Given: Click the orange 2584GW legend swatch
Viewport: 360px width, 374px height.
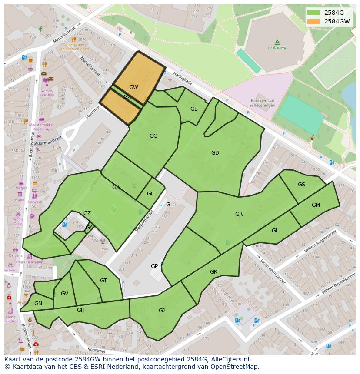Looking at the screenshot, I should [x=313, y=21].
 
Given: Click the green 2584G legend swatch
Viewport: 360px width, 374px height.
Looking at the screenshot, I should [x=313, y=12].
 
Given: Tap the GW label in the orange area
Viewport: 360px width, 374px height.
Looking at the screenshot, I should [x=133, y=87].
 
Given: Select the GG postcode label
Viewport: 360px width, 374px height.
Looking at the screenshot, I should [x=153, y=136].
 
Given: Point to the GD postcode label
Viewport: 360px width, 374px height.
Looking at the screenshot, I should [x=215, y=153].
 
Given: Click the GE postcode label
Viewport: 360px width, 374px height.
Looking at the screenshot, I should [x=194, y=109].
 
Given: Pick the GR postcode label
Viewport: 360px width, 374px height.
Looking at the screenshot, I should [x=239, y=214].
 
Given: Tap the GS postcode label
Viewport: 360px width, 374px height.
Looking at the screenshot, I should [x=301, y=185].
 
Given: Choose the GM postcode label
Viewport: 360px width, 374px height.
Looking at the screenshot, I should [x=316, y=205].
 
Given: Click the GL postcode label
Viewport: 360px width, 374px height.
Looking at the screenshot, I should [x=275, y=231].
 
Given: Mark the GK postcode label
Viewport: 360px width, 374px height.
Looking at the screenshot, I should [x=213, y=272].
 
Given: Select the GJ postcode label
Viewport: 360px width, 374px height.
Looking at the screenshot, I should [x=162, y=310].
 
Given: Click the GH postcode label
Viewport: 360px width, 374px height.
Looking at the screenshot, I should [x=81, y=310].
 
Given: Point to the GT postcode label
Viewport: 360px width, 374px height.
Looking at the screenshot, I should [x=103, y=281].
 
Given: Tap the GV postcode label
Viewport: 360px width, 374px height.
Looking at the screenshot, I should [x=64, y=294].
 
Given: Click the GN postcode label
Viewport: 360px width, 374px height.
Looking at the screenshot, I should [x=38, y=304].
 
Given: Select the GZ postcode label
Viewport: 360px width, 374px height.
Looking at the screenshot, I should [x=87, y=213].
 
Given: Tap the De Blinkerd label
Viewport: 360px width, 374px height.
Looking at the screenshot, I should [x=277, y=48].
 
